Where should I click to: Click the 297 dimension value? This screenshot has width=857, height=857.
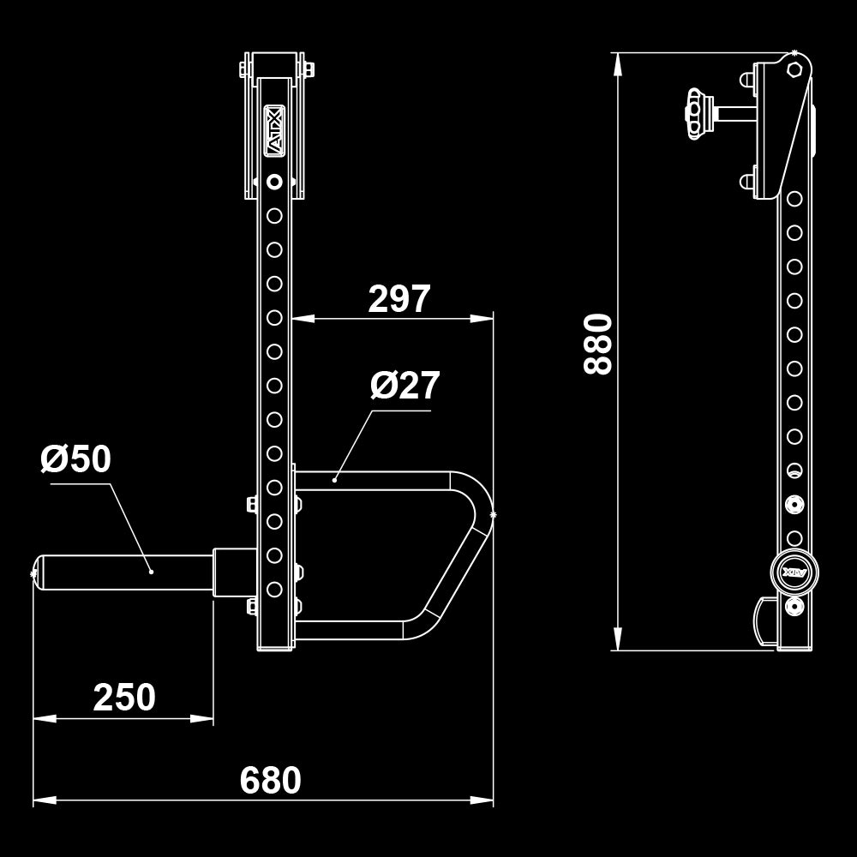pyautogui.click(x=399, y=299)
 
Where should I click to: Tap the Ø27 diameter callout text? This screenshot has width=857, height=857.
pyautogui.click(x=405, y=386)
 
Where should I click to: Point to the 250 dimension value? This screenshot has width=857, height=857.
pyautogui.click(x=124, y=698)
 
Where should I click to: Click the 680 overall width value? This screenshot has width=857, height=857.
pyautogui.click(x=271, y=780)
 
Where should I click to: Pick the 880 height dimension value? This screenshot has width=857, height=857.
pyautogui.click(x=597, y=345)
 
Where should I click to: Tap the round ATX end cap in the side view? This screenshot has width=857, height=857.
pyautogui.click(x=794, y=572)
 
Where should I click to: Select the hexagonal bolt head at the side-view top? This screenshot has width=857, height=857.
pyautogui.click(x=794, y=69)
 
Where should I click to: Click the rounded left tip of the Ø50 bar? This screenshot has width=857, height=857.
pyautogui.click(x=39, y=572)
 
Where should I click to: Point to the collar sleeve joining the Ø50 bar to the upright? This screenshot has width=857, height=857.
pyautogui.click(x=235, y=572)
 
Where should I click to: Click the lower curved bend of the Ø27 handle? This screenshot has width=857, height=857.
pyautogui.click(x=424, y=626)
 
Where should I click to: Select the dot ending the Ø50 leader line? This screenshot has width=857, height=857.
pyautogui.click(x=152, y=572)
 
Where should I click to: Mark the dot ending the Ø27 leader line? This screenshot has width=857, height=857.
pyautogui.click(x=334, y=481)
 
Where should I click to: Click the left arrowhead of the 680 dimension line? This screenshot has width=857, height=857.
pyautogui.click(x=45, y=800)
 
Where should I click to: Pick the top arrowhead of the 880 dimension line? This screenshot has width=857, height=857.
pyautogui.click(x=618, y=64)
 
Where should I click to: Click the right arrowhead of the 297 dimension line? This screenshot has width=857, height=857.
pyautogui.click(x=482, y=318)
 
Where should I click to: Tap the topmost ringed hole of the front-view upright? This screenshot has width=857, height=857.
pyautogui.click(x=274, y=182)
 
